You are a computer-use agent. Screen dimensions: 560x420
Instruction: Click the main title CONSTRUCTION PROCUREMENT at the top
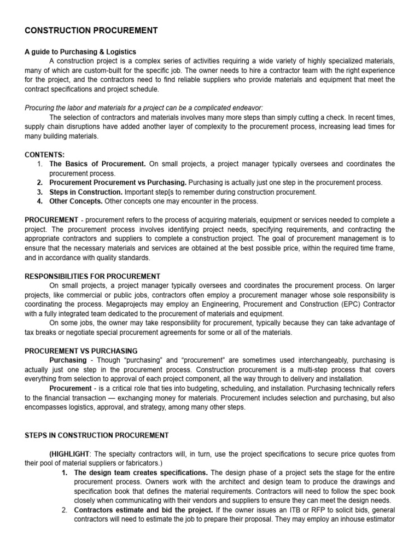coord(91,31)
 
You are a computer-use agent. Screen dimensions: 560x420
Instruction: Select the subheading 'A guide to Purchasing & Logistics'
coord(80,52)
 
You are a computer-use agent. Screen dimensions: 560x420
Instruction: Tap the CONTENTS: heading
coord(45,155)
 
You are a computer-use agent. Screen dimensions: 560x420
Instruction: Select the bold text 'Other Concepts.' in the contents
coord(76,201)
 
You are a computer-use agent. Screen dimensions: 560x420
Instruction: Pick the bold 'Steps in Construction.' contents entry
coord(86,192)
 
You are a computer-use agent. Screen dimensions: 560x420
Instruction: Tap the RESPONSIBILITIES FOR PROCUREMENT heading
coord(92,276)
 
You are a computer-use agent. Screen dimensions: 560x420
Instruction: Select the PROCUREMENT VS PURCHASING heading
coord(81,351)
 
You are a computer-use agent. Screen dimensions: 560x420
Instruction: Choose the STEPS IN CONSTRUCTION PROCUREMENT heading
coord(97,435)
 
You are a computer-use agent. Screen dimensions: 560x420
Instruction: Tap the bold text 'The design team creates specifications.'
coord(141,472)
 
